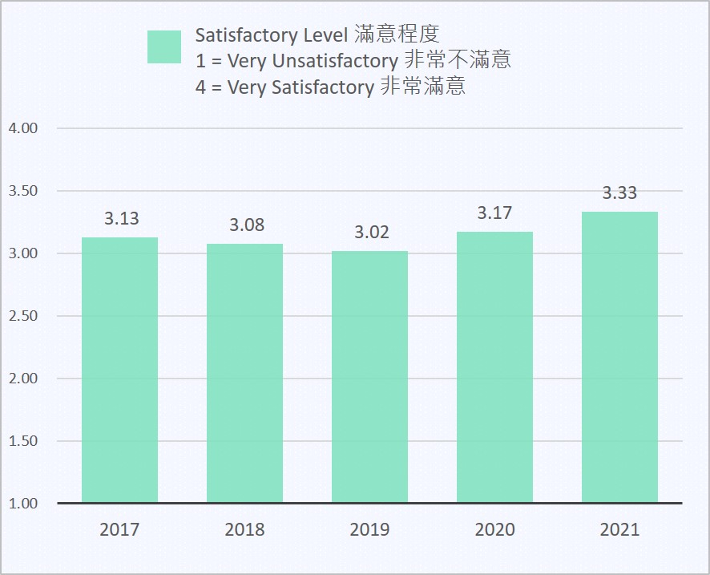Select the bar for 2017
pos(119,370)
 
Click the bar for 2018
pos(244,373)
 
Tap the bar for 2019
pos(369,377)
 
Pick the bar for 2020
pos(494,367)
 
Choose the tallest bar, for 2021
pos(619,357)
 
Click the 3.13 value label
pos(121,218)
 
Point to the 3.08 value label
pos(247,225)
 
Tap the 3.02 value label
pos(372,232)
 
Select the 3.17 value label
pos(494,213)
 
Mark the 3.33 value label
pos(619,193)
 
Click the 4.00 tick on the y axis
pos(23,128)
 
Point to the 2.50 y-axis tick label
pos(23,316)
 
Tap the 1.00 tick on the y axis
pos(23,504)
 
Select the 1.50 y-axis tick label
pos(23,441)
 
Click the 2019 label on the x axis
pos(369,529)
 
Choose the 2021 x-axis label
pos(619,529)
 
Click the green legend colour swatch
pos(164,47)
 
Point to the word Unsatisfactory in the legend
pos(335,61)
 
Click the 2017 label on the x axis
pos(119,529)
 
